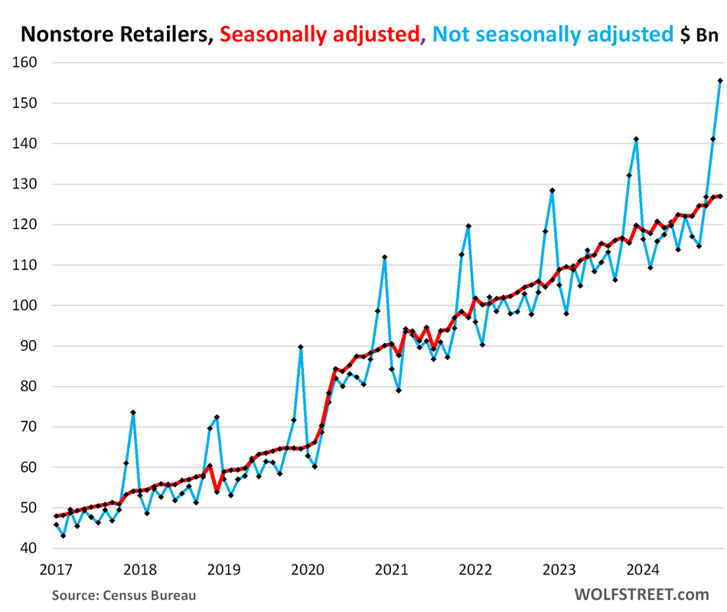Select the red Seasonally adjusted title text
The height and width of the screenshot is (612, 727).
(x=320, y=34)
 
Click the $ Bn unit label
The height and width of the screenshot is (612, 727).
(x=698, y=34)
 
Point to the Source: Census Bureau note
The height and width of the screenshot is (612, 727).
(x=124, y=594)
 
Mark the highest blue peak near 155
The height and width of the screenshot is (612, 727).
(x=720, y=80)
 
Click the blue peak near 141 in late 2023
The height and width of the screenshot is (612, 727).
(x=636, y=139)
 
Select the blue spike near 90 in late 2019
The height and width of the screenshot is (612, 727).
(x=300, y=347)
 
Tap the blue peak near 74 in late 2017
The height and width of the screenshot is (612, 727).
(x=133, y=413)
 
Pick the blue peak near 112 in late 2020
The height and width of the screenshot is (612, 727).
(x=384, y=257)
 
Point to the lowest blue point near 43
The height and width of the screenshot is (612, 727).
(x=63, y=535)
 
